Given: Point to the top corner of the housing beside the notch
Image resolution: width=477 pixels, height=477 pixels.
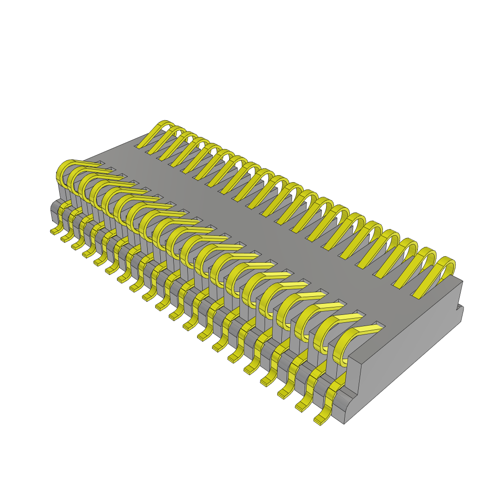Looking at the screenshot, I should [x=462, y=282].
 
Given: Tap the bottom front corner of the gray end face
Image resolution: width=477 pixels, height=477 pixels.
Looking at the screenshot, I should [x=344, y=423].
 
